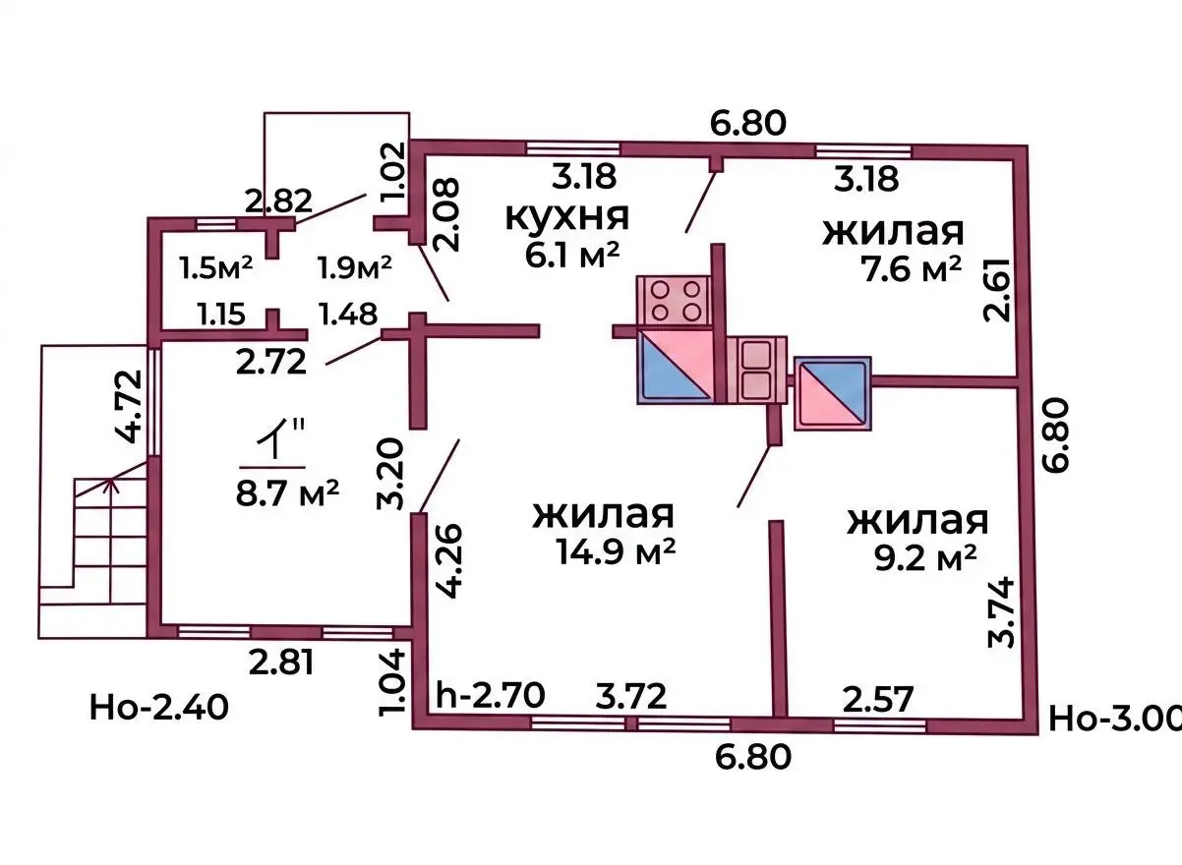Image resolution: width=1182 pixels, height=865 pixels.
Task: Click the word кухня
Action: coord(567,217)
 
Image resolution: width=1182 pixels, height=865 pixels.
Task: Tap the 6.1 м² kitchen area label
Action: coord(572,256)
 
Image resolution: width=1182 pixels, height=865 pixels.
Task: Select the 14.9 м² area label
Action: coord(616,551)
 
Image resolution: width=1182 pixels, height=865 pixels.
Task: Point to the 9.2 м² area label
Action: coord(925,558)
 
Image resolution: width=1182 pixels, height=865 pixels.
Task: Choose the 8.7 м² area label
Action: coord(287,492)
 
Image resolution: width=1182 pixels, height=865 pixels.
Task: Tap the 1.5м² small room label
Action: coord(215,267)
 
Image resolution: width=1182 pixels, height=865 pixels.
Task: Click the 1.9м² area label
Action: coord(355,267)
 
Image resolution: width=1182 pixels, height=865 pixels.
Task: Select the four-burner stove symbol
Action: coord(675,300)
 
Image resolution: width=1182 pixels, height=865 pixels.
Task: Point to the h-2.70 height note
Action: coord(491,695)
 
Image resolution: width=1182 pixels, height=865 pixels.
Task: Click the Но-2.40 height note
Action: coord(159,708)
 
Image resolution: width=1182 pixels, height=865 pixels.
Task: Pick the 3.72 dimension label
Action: coord(631,696)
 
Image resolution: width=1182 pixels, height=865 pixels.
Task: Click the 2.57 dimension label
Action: coord(877,700)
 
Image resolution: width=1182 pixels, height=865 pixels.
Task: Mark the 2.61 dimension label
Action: coord(996,290)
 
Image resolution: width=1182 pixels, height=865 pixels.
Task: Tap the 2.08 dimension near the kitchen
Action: coord(445,214)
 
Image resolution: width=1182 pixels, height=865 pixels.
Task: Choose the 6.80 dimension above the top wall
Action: coord(747,123)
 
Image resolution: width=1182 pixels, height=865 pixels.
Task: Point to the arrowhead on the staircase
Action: coord(111,484)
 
